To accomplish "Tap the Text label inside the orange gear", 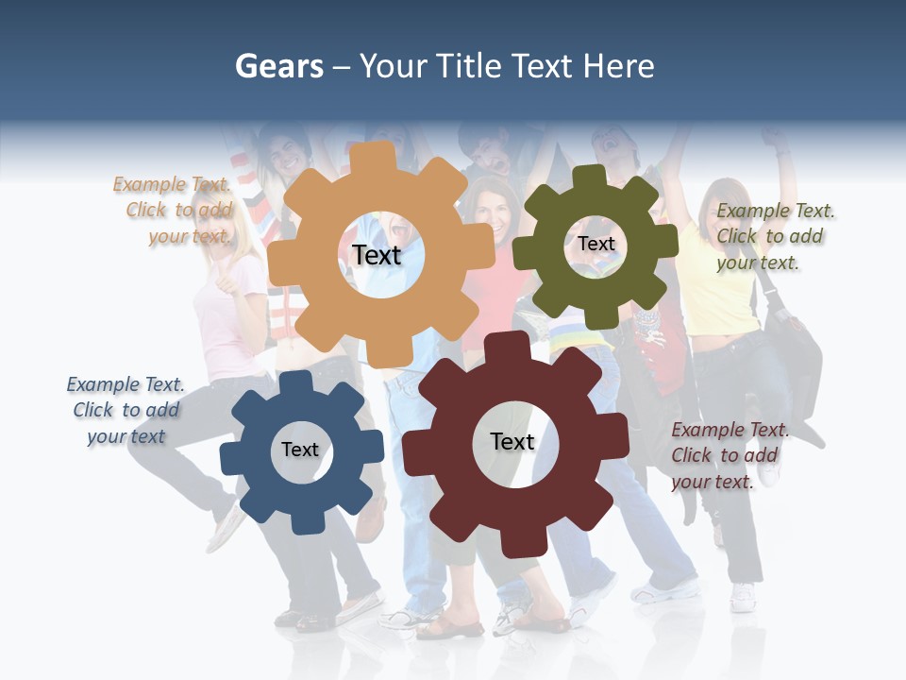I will (377, 255).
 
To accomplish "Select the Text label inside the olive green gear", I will (596, 244).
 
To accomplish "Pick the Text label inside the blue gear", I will (300, 450).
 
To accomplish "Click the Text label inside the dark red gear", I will (512, 441).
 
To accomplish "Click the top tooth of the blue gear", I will (295, 382).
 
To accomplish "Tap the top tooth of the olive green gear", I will (590, 176).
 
